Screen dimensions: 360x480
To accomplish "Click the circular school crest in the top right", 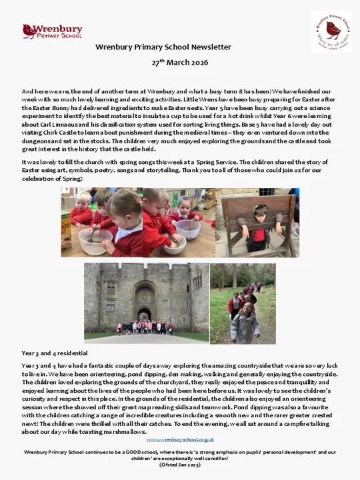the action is [331, 31].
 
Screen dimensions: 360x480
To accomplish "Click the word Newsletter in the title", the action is [211, 47].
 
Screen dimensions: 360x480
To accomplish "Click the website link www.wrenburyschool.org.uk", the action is [180, 439].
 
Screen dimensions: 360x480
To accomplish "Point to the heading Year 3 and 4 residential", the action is [54, 353].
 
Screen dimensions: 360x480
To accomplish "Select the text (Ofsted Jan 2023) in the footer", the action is [180, 465].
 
